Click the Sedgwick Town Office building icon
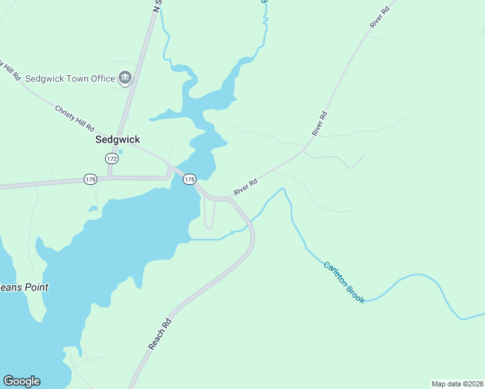click(125, 78)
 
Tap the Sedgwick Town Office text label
click(70, 78)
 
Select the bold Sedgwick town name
click(117, 139)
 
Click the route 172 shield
click(112, 158)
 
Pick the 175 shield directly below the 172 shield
click(90, 179)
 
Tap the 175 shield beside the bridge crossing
click(189, 179)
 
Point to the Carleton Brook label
click(344, 283)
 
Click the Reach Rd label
click(160, 334)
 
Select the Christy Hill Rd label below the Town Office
click(75, 118)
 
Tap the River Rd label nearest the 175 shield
click(246, 187)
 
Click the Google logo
click(21, 381)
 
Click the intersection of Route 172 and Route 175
click(111, 176)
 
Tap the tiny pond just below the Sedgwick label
click(121, 152)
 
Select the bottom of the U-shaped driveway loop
click(209, 228)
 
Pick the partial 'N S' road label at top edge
click(156, 6)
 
